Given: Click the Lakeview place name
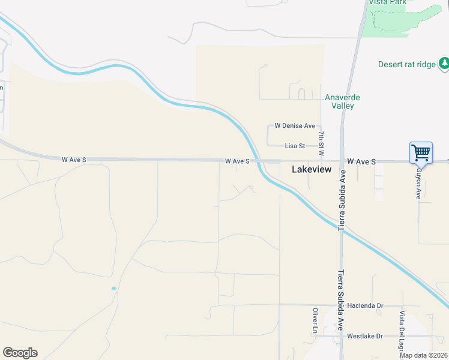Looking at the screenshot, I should [312, 170].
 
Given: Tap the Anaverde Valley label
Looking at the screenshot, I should [339, 101].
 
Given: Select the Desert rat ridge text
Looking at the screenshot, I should [406, 64].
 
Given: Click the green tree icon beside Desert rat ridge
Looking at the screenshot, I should [444, 62].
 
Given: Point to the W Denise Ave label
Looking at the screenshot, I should [295, 126].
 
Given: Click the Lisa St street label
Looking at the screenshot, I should [295, 146].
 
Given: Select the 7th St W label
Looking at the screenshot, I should [322, 143].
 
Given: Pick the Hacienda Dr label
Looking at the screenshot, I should [364, 305].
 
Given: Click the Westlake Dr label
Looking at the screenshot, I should [364, 336].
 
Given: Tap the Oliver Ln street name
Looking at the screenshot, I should [315, 320].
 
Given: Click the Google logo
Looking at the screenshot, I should [20, 353].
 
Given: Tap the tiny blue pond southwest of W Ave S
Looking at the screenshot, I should [113, 289].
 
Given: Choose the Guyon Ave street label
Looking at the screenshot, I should [419, 182].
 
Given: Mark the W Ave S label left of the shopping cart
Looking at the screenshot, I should [361, 162].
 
